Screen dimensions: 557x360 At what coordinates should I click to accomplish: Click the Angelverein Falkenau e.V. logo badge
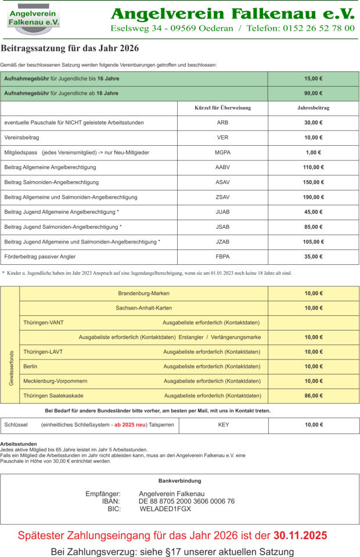[34, 19]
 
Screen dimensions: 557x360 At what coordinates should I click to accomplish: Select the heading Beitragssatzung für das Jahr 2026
[70, 49]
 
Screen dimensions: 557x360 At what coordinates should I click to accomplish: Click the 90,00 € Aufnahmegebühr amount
[314, 93]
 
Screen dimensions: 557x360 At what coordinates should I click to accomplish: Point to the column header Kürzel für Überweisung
[222, 108]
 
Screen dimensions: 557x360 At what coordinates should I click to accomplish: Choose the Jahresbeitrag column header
[314, 108]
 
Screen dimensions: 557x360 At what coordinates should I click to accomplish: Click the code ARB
[222, 123]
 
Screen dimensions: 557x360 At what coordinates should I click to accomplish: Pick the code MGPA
[222, 152]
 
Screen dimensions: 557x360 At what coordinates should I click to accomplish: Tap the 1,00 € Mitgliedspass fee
[314, 152]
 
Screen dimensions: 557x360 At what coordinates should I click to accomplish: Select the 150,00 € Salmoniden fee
[314, 182]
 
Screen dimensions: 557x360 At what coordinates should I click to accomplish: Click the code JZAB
[222, 242]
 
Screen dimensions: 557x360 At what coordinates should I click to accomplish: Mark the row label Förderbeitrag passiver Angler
[40, 256]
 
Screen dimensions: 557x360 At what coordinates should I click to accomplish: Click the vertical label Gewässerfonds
[10, 368]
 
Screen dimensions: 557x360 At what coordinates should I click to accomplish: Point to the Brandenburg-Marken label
[143, 293]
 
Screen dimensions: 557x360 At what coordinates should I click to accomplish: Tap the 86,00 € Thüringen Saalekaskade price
[314, 396]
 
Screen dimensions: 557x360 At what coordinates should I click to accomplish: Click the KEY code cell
[224, 425]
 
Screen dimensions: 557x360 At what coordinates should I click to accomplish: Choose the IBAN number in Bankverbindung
[186, 501]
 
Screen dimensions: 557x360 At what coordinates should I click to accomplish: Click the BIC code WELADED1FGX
[165, 509]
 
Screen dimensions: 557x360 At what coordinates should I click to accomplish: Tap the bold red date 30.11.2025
[300, 536]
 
